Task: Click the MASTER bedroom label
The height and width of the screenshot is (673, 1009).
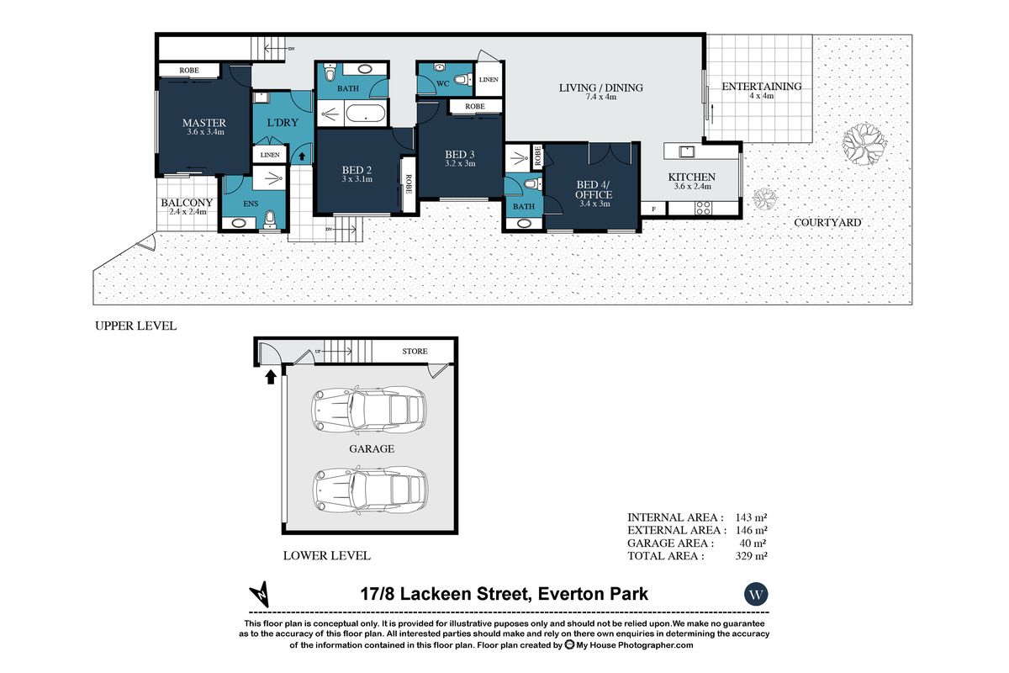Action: [x=204, y=123]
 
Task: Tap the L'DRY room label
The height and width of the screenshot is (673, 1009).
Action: [x=283, y=123]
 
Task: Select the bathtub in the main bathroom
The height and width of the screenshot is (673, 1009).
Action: [x=365, y=113]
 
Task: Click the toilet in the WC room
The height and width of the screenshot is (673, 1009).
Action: [x=462, y=80]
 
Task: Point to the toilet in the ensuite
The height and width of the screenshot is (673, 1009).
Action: [x=269, y=220]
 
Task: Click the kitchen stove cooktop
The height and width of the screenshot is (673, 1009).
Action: [x=703, y=209]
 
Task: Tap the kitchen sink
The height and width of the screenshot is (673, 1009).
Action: [x=686, y=151]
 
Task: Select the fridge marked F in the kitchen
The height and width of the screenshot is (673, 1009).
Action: [x=654, y=209]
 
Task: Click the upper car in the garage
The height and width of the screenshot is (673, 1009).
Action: [x=368, y=410]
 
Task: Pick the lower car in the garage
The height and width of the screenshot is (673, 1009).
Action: [x=370, y=490]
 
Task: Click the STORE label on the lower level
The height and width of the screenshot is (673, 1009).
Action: [x=415, y=351]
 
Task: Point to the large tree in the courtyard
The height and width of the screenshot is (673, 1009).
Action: [x=864, y=144]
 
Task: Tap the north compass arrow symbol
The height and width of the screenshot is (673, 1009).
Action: [x=261, y=594]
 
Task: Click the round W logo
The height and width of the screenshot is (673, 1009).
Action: [x=756, y=594]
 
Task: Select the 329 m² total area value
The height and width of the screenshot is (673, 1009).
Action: [x=751, y=556]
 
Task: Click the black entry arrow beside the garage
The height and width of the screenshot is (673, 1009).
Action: [x=270, y=377]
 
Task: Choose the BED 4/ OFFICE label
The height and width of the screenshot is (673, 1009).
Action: [x=594, y=189]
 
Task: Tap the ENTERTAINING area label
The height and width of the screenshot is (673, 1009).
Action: [x=762, y=86]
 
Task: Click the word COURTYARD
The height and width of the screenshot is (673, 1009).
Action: [x=827, y=222]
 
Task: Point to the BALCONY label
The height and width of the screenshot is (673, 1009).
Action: [x=187, y=203]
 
